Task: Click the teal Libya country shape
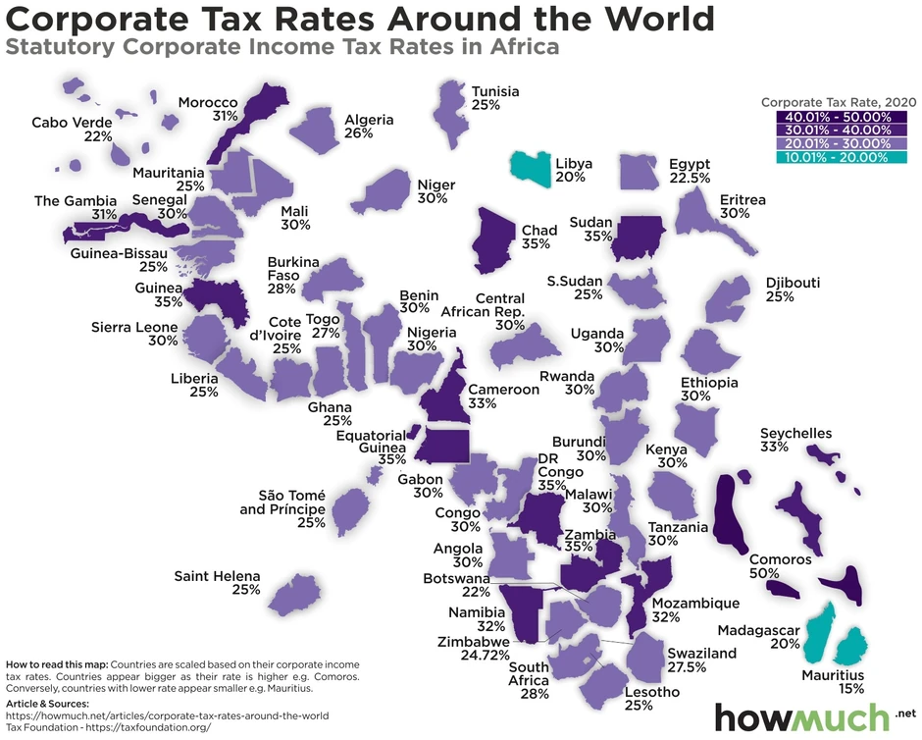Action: [531, 169]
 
